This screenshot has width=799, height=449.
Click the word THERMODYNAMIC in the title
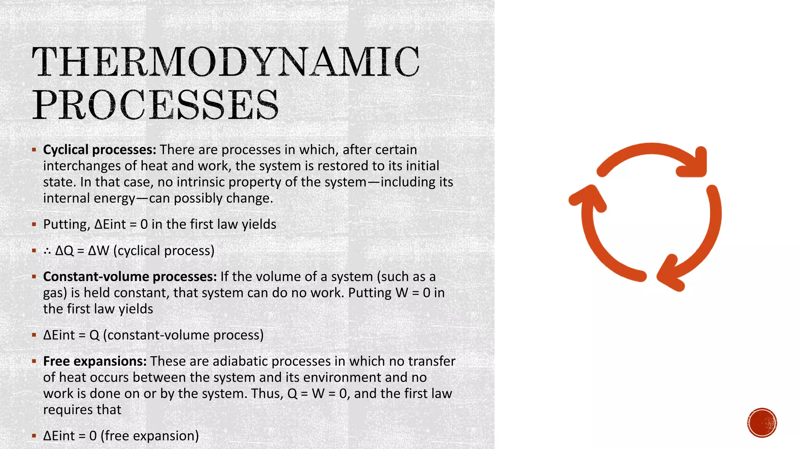[x=225, y=61]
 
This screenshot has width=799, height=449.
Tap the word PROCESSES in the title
[x=155, y=104]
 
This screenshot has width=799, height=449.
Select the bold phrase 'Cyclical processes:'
[x=99, y=150]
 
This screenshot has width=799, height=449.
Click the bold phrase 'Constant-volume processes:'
[x=130, y=277]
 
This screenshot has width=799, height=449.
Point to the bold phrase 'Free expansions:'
[x=95, y=361]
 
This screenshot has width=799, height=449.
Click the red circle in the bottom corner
[x=762, y=423]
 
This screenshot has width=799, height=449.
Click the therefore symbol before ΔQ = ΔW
[x=47, y=251]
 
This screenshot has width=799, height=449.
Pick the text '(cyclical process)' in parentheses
[x=164, y=251]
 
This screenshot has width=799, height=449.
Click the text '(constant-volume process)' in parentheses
[x=183, y=335]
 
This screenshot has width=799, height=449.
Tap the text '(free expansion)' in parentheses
[x=149, y=436]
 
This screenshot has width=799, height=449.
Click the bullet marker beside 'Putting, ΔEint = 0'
[x=34, y=224]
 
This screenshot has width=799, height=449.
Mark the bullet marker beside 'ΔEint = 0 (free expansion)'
[x=34, y=436]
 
